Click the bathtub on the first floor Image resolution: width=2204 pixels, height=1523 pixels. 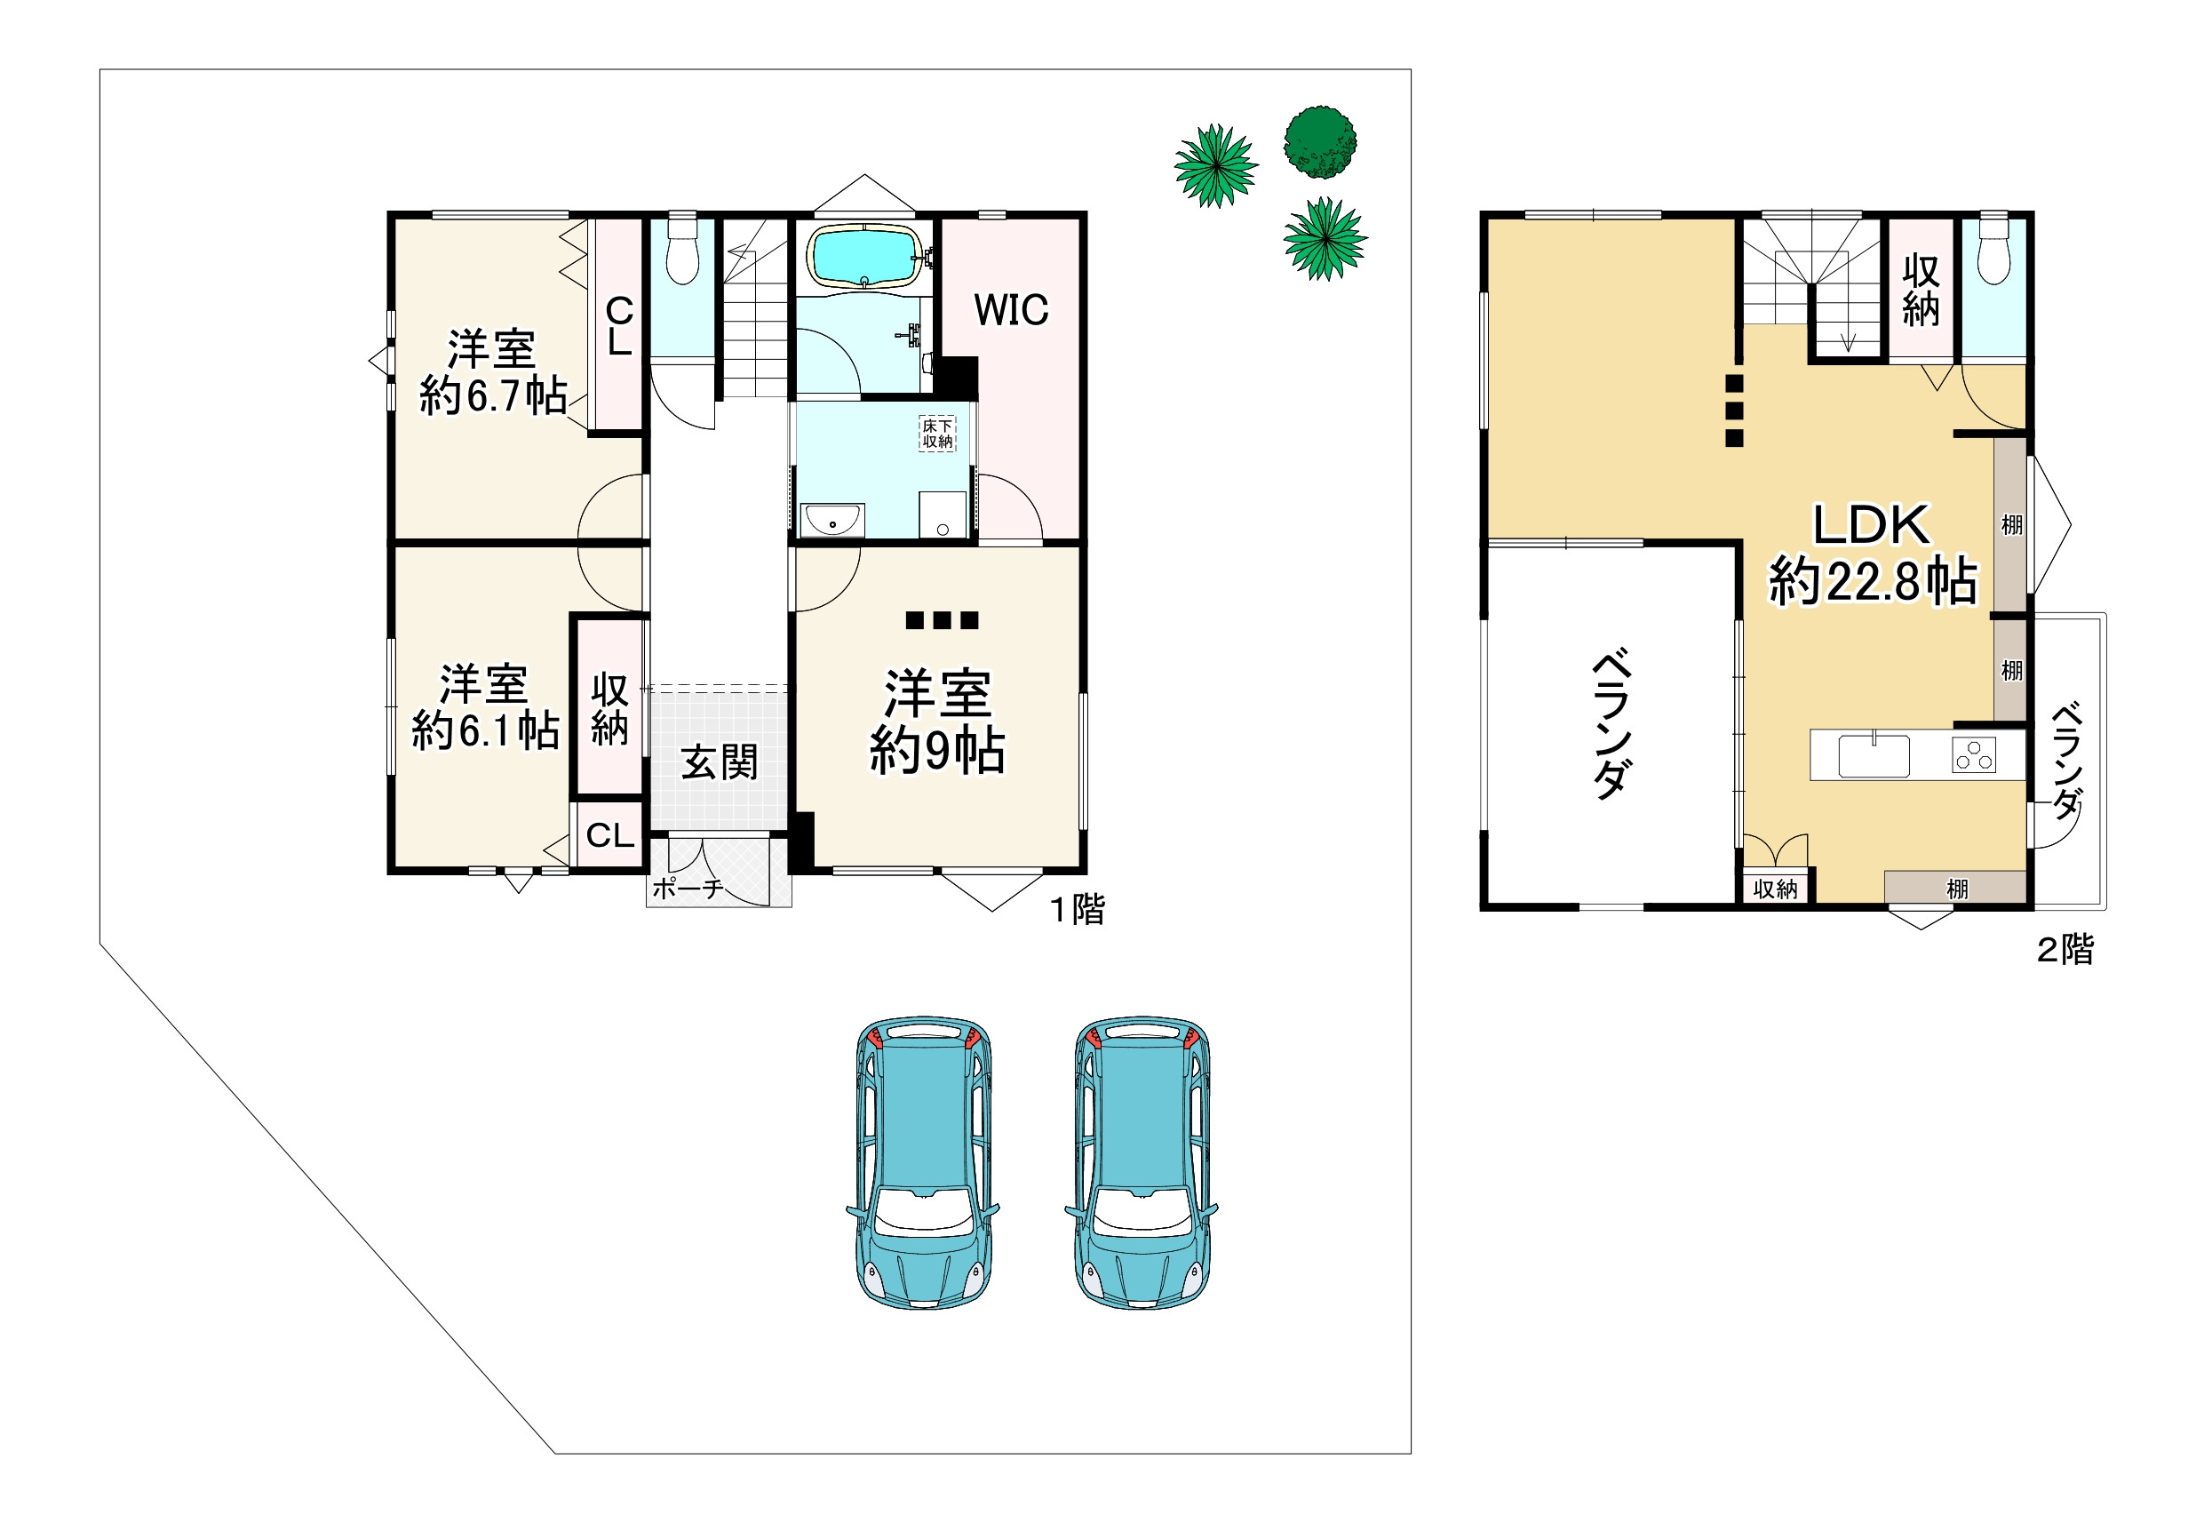(865, 256)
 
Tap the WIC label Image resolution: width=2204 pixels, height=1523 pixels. (1010, 310)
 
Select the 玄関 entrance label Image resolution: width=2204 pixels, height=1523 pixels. (720, 762)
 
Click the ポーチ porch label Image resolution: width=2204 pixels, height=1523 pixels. (687, 889)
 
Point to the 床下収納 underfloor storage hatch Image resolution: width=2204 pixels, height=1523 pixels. (937, 435)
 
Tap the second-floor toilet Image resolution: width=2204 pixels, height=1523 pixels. (1994, 251)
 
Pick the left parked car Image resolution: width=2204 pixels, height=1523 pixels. (923, 1161)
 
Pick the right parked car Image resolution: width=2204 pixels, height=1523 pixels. (1142, 1161)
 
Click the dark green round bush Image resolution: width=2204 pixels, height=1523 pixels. (1319, 142)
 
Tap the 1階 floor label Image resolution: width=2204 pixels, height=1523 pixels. (1078, 909)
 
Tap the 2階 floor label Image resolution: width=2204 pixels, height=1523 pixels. (2065, 950)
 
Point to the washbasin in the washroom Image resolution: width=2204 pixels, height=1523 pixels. (832, 521)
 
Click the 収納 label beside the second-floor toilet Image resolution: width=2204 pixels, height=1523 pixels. (1921, 290)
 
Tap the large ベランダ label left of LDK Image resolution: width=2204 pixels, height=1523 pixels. (1611, 724)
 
